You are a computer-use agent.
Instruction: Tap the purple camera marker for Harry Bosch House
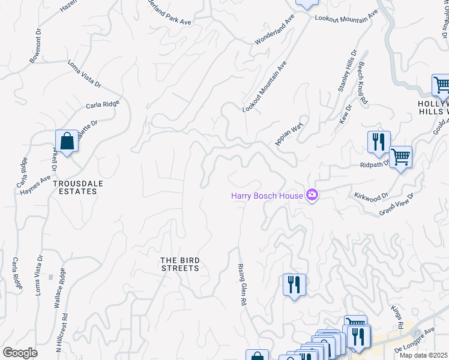(x=312, y=195)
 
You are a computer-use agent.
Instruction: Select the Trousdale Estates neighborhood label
(x=74, y=187)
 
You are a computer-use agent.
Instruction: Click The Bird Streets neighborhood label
(x=179, y=264)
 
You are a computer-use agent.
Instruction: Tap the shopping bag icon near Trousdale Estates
(x=68, y=142)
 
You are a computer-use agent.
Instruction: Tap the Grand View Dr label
(x=397, y=205)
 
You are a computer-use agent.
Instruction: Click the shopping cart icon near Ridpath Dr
(x=400, y=158)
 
